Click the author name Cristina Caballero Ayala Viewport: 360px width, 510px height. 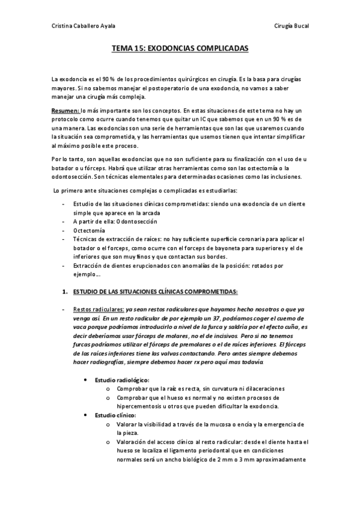[84, 26]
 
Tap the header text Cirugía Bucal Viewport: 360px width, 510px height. [291, 26]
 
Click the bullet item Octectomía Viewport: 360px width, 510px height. [88, 230]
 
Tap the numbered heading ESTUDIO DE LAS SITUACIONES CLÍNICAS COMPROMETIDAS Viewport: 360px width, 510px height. [155, 292]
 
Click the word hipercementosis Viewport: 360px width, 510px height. [141, 407]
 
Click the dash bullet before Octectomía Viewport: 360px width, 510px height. [64, 230]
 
